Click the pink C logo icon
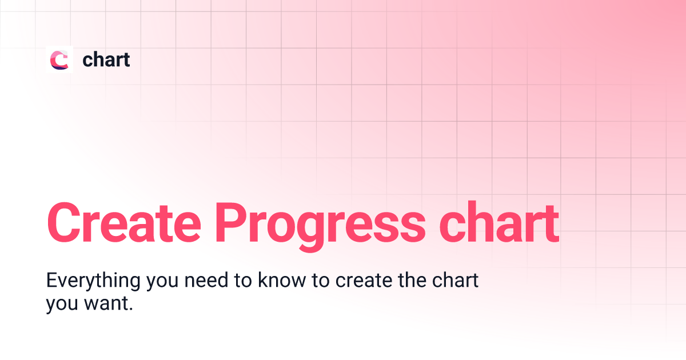click(59, 59)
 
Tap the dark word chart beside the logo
click(106, 59)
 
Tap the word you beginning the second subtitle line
click(60, 305)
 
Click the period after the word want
click(131, 309)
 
